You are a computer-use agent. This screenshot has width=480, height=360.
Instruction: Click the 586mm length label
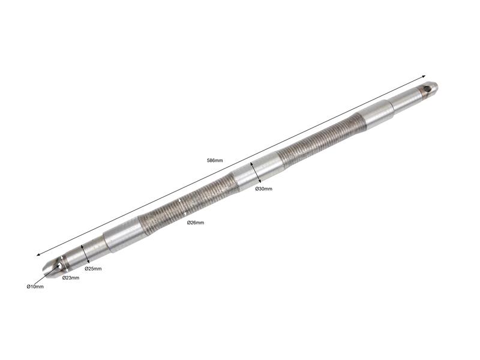click(215, 160)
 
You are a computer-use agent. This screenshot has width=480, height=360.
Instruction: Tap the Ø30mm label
click(263, 188)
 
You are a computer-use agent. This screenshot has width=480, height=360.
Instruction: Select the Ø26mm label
click(196, 223)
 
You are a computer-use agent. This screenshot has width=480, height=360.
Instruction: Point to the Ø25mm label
click(93, 269)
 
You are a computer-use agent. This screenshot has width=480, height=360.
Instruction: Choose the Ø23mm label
click(71, 278)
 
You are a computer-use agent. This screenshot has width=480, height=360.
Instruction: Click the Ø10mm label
click(35, 287)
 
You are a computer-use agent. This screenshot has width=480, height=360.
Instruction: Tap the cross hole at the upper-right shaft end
click(427, 89)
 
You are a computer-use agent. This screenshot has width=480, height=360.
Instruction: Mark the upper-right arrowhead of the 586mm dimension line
click(424, 76)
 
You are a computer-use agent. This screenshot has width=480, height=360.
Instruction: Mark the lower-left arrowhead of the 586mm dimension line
click(38, 254)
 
